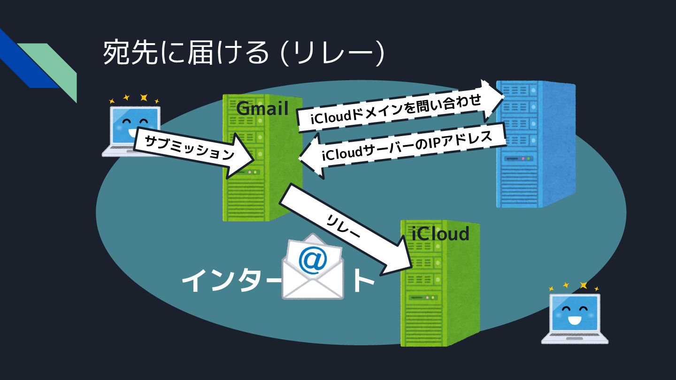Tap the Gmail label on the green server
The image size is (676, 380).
(262, 108)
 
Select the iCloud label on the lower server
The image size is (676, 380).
(440, 233)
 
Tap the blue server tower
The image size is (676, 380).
(535, 145)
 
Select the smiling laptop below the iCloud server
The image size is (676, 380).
(575, 317)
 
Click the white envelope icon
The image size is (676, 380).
(313, 270)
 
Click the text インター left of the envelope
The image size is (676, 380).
(230, 281)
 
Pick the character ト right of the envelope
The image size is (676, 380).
(364, 281)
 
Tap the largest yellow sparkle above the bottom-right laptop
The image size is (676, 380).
(584, 285)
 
